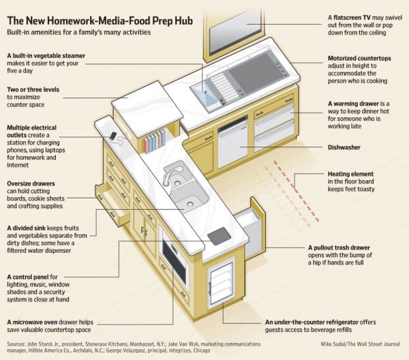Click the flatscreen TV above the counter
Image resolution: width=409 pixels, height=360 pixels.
click(x=232, y=31)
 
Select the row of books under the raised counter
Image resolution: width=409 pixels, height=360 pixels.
click(x=155, y=142)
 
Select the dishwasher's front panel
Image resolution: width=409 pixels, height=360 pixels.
click(x=233, y=145)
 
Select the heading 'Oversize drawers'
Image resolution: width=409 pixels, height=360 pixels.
click(x=32, y=184)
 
